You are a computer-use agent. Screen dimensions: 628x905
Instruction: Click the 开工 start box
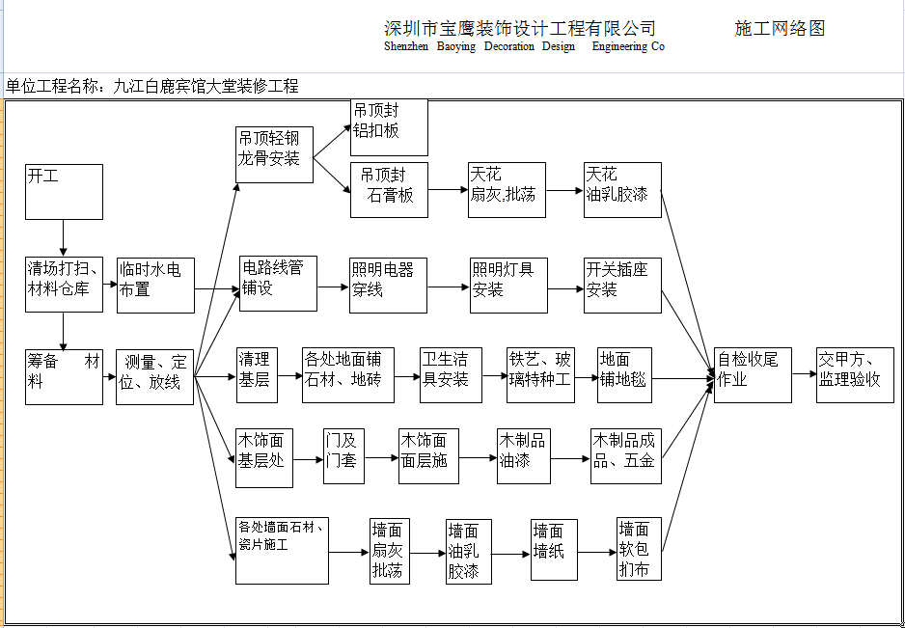coord(64,191)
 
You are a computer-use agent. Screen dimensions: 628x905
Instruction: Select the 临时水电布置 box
coord(155,285)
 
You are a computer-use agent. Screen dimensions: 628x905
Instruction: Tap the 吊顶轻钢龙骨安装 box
coord(275,155)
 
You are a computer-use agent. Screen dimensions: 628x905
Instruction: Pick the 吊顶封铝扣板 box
coord(389,127)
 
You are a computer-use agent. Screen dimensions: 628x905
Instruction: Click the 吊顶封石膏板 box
coord(389,190)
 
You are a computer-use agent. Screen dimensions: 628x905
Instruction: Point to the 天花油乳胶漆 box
coord(622,190)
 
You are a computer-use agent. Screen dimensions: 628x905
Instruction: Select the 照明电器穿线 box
coord(388,285)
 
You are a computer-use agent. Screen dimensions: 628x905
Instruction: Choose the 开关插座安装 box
coord(622,285)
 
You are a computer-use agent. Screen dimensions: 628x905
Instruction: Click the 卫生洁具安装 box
coord(450,375)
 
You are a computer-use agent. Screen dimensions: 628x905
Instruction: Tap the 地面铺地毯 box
coord(624,375)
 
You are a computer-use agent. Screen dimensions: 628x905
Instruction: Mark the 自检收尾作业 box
coord(753,375)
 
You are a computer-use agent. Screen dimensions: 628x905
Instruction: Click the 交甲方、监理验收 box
coord(854,375)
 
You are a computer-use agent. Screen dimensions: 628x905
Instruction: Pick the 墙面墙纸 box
coord(555,550)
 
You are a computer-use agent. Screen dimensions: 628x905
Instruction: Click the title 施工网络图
coord(780,28)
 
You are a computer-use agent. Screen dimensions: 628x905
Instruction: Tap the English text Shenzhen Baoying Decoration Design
coord(480,46)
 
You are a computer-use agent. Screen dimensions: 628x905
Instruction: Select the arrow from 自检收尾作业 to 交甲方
coord(804,374)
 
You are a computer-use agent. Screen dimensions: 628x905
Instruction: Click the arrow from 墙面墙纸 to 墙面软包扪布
coord(597,553)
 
